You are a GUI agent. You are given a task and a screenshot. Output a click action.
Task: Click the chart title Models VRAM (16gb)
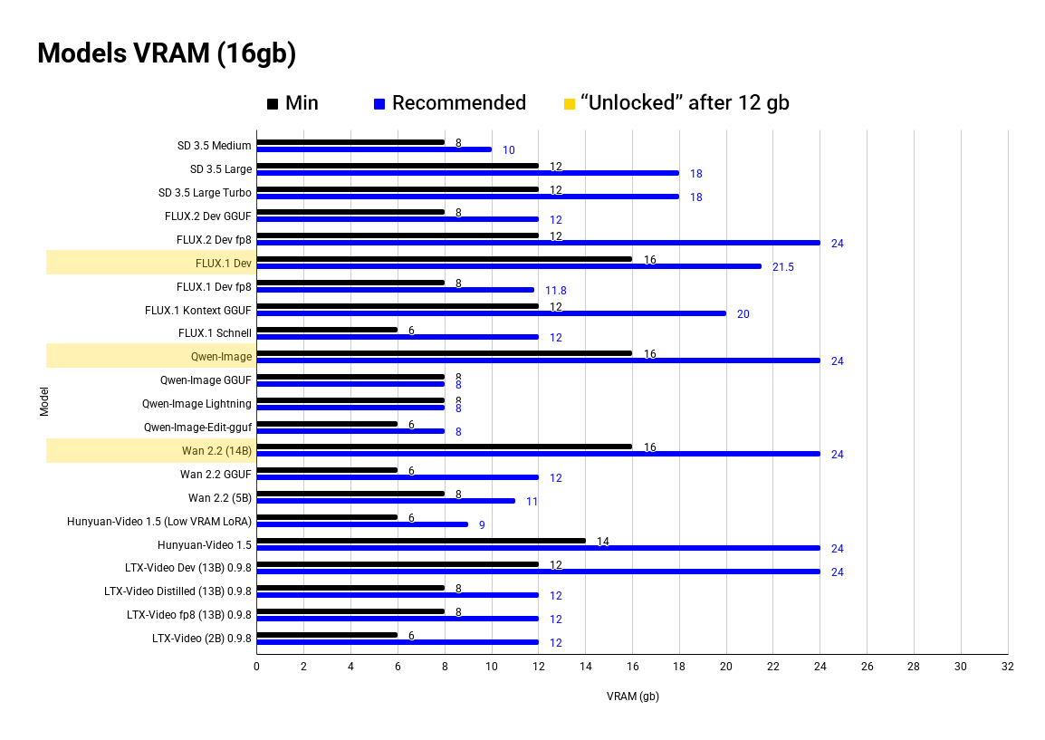click(x=167, y=54)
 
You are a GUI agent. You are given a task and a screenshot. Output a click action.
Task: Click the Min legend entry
click(x=292, y=103)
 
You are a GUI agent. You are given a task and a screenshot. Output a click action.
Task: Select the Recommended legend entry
click(x=450, y=103)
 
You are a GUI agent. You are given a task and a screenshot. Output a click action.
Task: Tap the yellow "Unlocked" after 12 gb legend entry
click(x=676, y=103)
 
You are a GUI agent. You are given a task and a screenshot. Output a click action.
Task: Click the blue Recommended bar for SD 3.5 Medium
click(x=373, y=149)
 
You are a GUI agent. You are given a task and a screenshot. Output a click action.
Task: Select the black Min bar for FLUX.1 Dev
click(x=444, y=259)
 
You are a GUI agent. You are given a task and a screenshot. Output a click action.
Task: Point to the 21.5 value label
click(x=782, y=267)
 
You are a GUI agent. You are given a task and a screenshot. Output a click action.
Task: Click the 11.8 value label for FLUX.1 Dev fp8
click(x=555, y=291)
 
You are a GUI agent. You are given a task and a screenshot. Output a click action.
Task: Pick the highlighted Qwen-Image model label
click(x=221, y=357)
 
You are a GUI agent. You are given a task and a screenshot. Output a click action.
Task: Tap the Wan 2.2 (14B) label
click(x=216, y=451)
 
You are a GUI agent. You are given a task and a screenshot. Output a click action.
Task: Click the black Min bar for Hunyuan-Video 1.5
click(x=420, y=541)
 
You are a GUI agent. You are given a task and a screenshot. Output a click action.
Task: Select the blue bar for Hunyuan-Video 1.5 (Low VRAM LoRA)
click(x=362, y=524)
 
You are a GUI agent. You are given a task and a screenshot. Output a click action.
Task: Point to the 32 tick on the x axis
click(x=1007, y=667)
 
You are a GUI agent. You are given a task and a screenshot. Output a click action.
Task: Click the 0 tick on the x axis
click(x=256, y=667)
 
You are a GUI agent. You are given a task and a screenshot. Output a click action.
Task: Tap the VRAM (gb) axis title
click(x=632, y=697)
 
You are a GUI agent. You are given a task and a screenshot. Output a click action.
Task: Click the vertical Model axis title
click(x=44, y=402)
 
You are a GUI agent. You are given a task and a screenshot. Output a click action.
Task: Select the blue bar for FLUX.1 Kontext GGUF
click(x=491, y=313)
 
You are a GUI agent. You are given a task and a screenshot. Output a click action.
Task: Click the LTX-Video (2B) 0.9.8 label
click(x=202, y=639)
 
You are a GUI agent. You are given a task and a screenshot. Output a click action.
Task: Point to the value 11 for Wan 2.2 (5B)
click(x=532, y=502)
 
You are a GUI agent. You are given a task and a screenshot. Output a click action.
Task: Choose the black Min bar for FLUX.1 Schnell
click(x=327, y=330)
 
